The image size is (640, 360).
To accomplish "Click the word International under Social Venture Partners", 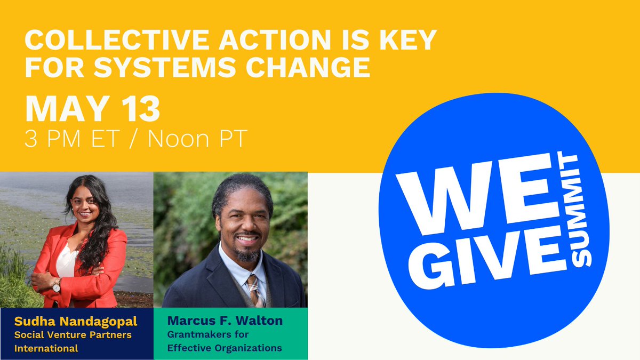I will click(46, 348).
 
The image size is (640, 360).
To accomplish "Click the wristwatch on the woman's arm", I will click(57, 286).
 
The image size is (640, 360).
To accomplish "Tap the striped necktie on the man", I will click(253, 290).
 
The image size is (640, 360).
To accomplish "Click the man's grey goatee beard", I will click(247, 255).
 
